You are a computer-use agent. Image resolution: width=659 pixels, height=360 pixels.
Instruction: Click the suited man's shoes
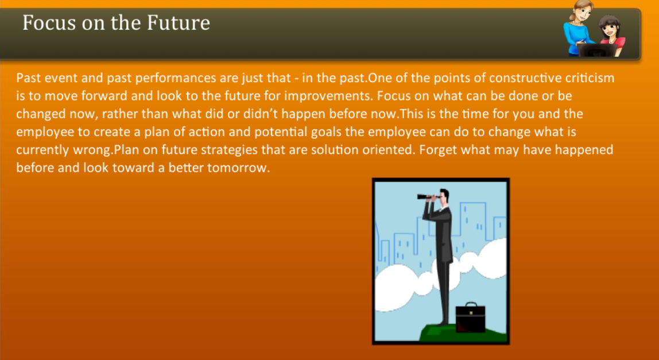[447, 326]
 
